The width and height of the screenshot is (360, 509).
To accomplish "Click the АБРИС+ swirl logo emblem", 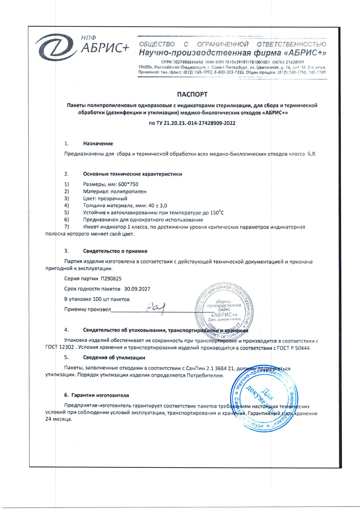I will click(56, 48).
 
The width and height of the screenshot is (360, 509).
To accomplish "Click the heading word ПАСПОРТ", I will click(192, 95).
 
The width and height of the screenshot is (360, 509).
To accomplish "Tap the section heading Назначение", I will click(98, 144).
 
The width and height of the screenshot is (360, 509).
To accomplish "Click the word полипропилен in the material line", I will click(129, 192).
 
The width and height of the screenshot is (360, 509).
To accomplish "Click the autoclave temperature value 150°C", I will click(217, 213).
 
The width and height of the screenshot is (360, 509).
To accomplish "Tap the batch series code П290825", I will click(111, 278).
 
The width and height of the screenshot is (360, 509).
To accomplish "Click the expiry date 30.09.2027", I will click(137, 289).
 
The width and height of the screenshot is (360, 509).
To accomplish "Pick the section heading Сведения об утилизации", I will click(114, 358).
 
